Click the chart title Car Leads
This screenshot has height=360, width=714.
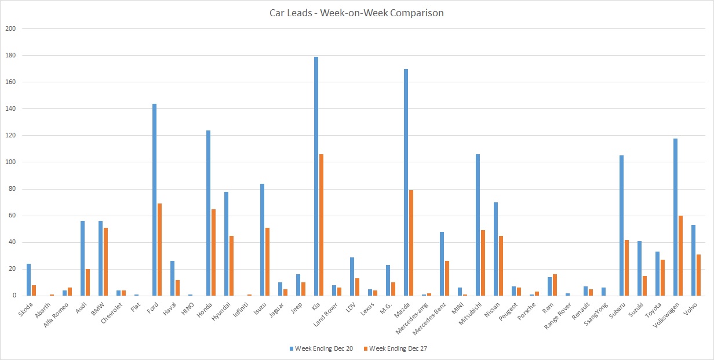click(x=356, y=13)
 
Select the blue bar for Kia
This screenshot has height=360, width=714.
click(x=316, y=176)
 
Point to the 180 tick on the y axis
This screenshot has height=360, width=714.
click(x=11, y=56)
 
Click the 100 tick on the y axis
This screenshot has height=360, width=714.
click(x=11, y=162)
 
